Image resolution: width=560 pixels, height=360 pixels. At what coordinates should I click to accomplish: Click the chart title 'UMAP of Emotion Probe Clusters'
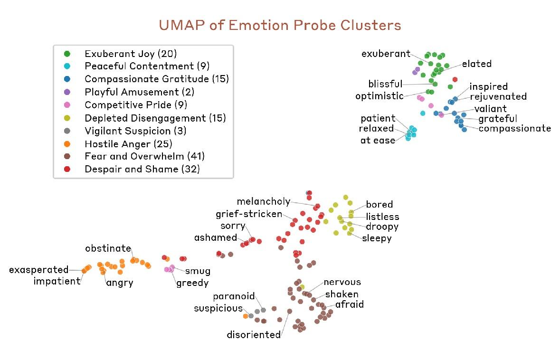[280, 25]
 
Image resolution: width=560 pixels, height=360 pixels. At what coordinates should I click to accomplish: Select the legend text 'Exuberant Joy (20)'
[131, 54]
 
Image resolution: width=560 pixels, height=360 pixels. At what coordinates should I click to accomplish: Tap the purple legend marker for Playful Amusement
[67, 92]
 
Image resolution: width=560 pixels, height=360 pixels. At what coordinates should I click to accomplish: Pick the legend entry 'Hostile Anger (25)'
[128, 144]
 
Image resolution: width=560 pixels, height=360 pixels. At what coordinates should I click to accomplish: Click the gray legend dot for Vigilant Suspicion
[67, 131]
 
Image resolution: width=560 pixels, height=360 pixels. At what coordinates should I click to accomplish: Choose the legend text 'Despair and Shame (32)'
[142, 169]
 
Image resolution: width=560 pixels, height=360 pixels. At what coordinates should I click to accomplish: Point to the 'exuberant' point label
[386, 54]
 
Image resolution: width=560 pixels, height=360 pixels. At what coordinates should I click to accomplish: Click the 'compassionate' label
[515, 128]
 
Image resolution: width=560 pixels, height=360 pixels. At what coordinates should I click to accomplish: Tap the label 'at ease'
[378, 141]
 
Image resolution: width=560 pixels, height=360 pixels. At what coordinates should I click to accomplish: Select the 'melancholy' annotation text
[264, 201]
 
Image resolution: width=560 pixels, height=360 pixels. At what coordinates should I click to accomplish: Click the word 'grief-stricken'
[249, 214]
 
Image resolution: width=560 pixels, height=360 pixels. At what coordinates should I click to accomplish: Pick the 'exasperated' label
[39, 270]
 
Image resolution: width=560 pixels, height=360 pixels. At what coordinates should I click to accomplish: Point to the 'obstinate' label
[108, 248]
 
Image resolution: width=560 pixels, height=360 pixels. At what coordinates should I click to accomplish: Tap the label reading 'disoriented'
[254, 335]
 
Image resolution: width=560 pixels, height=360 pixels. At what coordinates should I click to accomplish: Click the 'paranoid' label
[234, 296]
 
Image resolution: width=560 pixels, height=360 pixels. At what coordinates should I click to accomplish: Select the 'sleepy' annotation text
[377, 238]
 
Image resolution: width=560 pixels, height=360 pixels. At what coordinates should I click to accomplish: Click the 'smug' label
[198, 272]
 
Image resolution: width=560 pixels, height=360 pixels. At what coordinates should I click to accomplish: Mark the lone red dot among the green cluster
[455, 79]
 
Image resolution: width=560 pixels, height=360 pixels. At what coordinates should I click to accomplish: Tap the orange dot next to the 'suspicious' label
[246, 316]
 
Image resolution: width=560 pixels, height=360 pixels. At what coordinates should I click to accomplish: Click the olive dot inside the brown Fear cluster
[302, 287]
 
